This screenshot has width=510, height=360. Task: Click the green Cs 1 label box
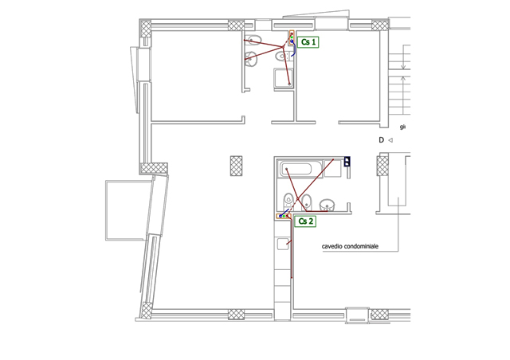(x=308, y=42)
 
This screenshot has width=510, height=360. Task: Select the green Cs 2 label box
(x=305, y=221)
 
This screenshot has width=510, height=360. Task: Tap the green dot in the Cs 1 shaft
(x=292, y=37)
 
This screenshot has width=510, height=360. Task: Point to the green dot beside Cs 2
(x=284, y=217)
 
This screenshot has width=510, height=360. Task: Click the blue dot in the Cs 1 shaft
(x=292, y=41)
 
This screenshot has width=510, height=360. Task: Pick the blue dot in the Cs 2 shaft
(x=280, y=217)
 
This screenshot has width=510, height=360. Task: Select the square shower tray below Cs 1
(x=284, y=78)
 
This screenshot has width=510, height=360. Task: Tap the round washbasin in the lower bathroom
(x=328, y=205)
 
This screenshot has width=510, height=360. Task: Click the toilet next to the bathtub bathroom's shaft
(x=288, y=201)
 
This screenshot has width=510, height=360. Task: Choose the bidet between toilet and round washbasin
(x=306, y=202)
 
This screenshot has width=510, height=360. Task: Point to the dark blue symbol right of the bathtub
(x=347, y=162)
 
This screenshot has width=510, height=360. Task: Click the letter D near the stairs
(x=381, y=140)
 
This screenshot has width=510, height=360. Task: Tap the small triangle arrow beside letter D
(x=390, y=140)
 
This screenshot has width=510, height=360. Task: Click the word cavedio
(x=331, y=246)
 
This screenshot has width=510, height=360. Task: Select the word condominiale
(x=361, y=246)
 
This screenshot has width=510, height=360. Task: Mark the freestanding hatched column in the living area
(x=236, y=166)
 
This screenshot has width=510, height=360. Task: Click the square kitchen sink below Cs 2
(x=283, y=244)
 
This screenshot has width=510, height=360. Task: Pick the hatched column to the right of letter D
(x=382, y=166)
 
